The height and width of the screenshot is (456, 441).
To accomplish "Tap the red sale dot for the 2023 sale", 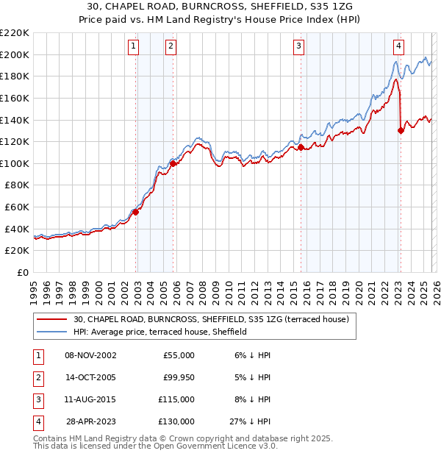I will [401, 131].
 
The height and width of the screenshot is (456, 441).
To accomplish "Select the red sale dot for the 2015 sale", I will [301, 147].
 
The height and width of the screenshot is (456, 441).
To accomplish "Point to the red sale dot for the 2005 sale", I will [173, 164].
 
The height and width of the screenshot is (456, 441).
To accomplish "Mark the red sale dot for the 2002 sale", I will [135, 213].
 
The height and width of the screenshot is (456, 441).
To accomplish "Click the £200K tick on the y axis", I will [15, 54].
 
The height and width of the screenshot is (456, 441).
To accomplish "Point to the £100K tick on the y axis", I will [15, 163].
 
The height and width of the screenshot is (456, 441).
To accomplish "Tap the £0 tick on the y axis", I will [22, 273].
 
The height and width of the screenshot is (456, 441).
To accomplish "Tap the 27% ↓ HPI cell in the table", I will [251, 421].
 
